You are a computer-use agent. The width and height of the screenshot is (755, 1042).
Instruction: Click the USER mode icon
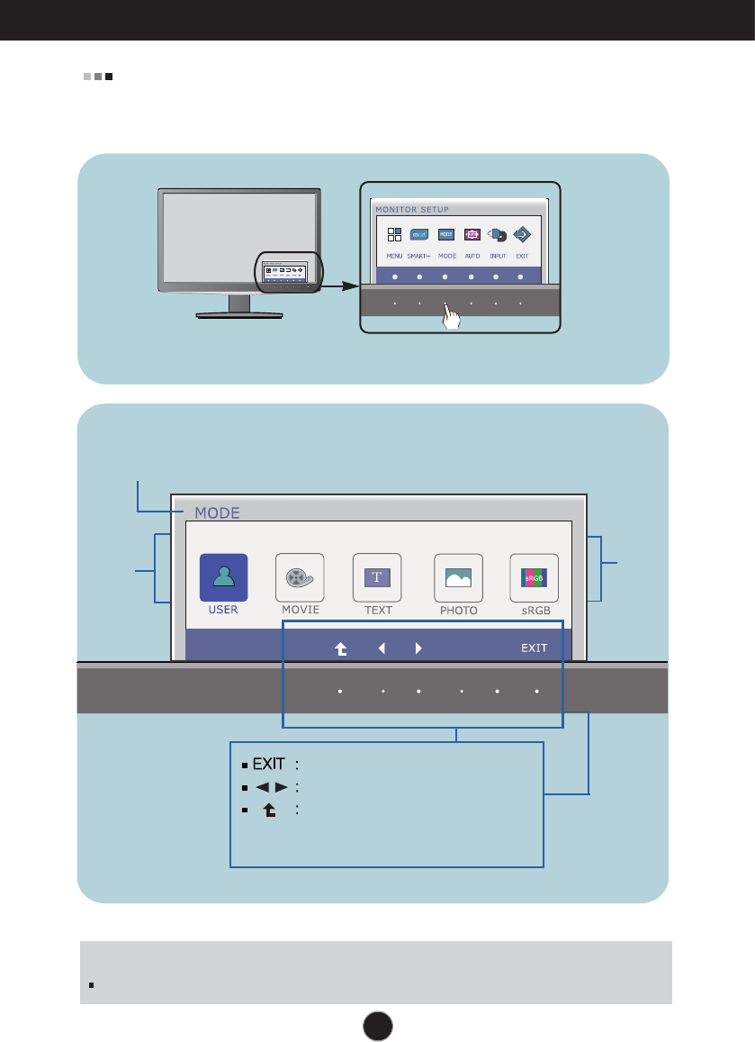(x=223, y=577)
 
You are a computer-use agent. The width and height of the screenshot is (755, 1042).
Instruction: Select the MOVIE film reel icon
(x=299, y=577)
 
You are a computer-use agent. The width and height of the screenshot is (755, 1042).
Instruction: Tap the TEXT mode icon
(x=377, y=577)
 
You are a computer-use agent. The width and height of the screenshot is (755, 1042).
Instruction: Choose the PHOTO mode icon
(x=458, y=577)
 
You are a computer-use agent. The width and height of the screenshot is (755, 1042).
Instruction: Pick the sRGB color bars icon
(x=535, y=577)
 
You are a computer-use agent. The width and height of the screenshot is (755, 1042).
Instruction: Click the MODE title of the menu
(x=214, y=513)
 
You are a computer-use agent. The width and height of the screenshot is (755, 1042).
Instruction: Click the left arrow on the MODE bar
(x=382, y=647)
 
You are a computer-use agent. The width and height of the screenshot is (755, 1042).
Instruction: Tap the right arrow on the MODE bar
(x=418, y=647)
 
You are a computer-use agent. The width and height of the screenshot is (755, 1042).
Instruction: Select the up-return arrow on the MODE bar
(x=341, y=647)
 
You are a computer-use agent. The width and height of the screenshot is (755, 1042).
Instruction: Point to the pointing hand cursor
(x=452, y=318)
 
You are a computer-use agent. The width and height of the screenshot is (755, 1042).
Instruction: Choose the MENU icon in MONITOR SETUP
(x=394, y=235)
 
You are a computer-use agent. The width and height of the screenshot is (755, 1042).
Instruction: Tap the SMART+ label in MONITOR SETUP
(x=419, y=256)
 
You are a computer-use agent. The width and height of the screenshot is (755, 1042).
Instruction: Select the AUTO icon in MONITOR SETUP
(x=471, y=235)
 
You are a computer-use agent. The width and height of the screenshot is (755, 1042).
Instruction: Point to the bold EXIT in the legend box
(x=268, y=765)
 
